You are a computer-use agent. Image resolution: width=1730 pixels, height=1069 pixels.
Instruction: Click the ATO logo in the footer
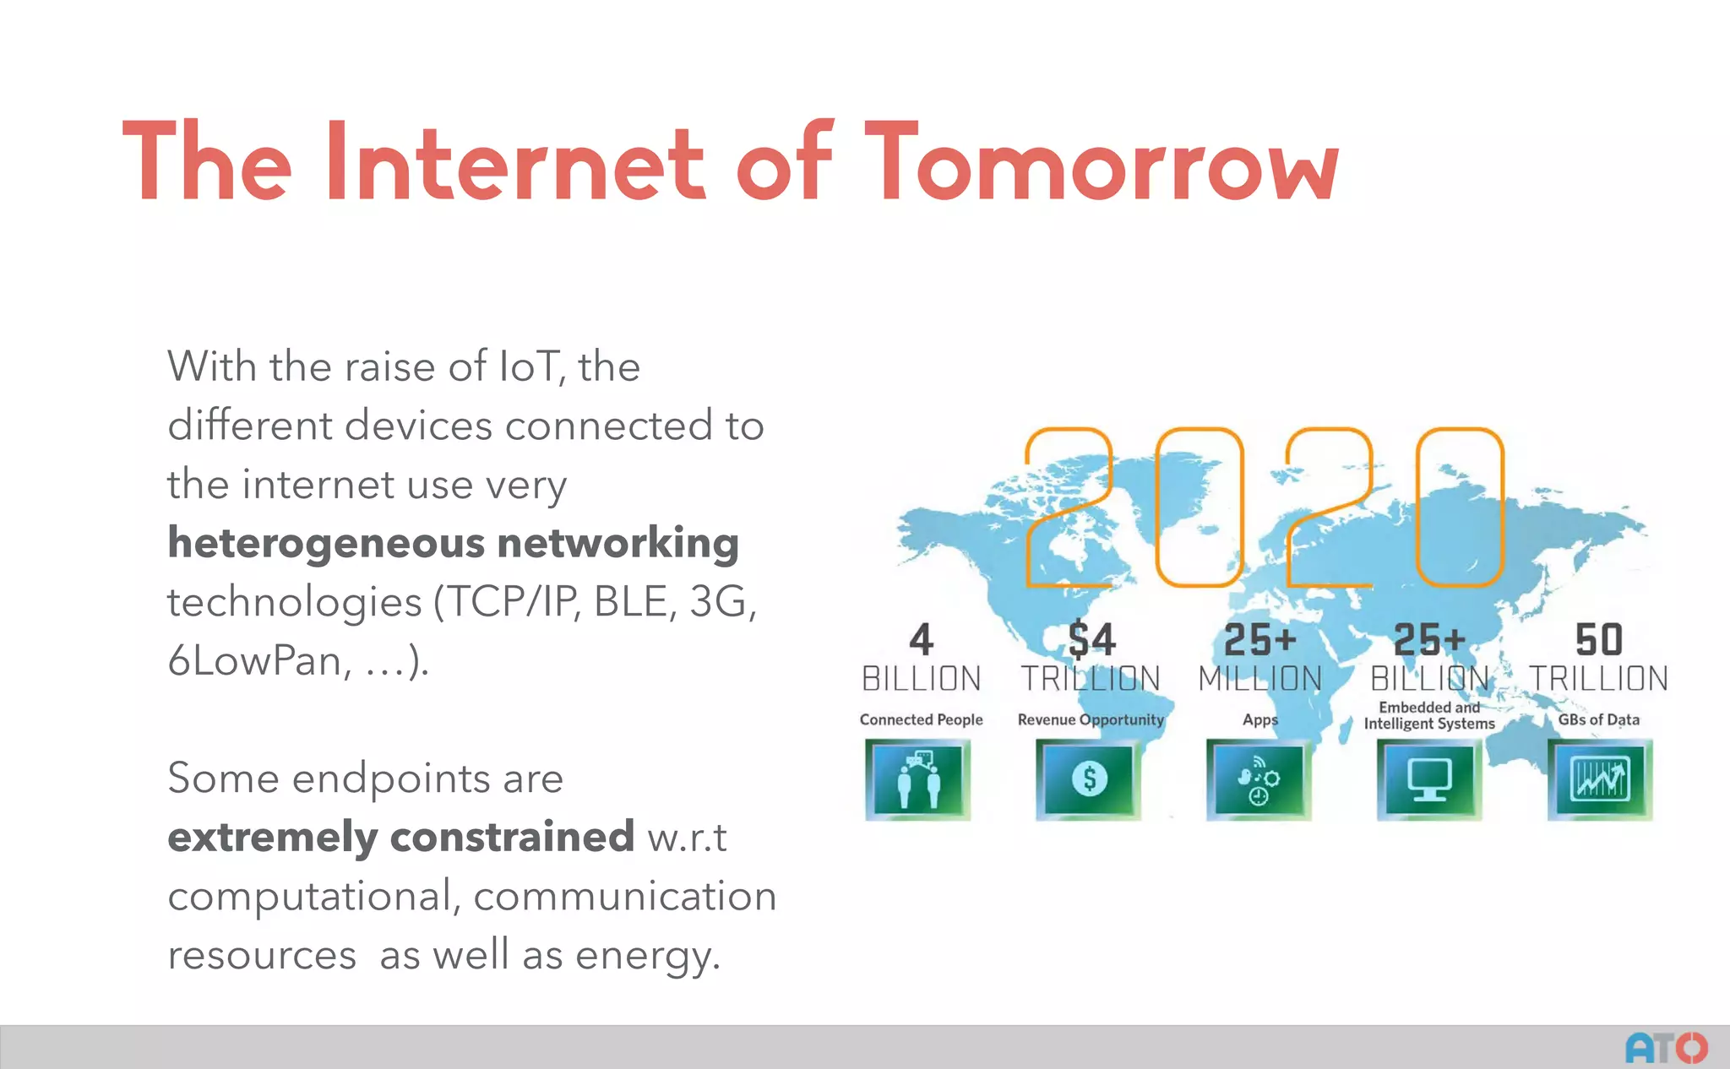tap(1666, 1048)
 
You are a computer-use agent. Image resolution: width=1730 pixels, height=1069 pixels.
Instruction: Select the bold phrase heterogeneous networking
tap(453, 543)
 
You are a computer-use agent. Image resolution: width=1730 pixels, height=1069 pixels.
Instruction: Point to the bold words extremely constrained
tap(400, 837)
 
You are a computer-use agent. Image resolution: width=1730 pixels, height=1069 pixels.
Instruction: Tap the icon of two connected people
tap(918, 779)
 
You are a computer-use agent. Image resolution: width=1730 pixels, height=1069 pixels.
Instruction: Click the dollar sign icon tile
tap(1089, 779)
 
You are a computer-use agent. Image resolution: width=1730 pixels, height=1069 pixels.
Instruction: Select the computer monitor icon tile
tap(1429, 779)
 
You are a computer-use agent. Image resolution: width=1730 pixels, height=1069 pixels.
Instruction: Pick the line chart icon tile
tap(1599, 779)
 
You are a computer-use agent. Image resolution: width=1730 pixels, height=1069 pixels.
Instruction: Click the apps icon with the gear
tap(1259, 779)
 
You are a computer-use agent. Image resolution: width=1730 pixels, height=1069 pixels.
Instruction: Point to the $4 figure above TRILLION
tap(1091, 639)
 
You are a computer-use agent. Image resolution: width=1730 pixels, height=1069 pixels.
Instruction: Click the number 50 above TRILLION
tap(1598, 639)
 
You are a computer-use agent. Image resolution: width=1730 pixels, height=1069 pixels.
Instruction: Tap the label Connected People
tap(921, 719)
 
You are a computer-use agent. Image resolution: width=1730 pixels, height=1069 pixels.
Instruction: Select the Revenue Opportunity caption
tap(1091, 719)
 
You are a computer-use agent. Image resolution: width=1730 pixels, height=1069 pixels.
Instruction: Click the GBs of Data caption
tap(1598, 719)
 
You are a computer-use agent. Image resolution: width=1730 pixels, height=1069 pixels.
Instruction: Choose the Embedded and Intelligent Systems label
tap(1429, 715)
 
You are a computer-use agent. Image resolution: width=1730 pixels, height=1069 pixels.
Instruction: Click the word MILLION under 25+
tap(1259, 679)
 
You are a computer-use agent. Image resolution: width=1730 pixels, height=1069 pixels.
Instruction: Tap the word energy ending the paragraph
tap(646, 956)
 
